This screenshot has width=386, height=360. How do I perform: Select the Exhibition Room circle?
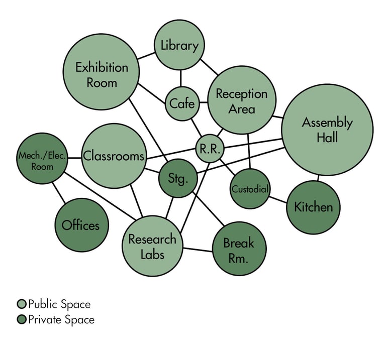pyautogui.click(x=102, y=74)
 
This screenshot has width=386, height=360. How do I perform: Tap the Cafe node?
pyautogui.click(x=181, y=104)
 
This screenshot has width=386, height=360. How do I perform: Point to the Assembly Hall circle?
pyautogui.click(x=327, y=130)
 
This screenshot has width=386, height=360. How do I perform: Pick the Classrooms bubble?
pyautogui.click(x=114, y=156)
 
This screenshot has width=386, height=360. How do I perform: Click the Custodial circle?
pyautogui.click(x=250, y=190)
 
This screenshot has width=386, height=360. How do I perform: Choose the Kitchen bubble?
pyautogui.click(x=313, y=207)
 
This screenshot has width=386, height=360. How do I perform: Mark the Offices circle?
pyautogui.click(x=80, y=225)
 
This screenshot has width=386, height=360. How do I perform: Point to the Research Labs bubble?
pyautogui.click(x=152, y=246)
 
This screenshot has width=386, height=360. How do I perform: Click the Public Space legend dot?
pyautogui.click(x=21, y=304)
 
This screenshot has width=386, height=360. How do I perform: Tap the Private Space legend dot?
pyautogui.click(x=21, y=319)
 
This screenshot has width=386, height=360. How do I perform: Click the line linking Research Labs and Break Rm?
pyautogui.click(x=197, y=249)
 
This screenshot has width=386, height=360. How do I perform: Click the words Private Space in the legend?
pyautogui.click(x=61, y=319)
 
